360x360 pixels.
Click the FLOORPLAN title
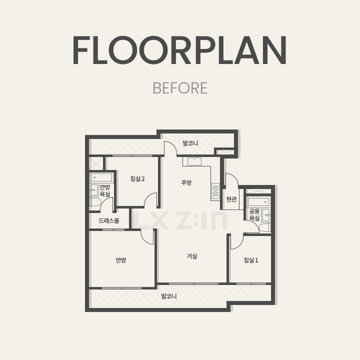(179, 50)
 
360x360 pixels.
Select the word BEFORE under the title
(180, 88)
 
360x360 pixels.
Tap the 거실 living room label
(192, 256)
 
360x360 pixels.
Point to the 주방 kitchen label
(186, 183)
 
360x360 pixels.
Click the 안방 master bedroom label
(121, 260)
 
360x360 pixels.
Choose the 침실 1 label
(251, 260)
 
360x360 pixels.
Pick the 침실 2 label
(137, 178)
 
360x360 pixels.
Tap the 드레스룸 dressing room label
(109, 220)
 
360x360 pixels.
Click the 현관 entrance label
(231, 199)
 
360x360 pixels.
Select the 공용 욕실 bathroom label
(254, 214)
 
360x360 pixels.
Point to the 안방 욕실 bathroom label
(104, 190)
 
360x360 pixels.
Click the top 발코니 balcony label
(190, 143)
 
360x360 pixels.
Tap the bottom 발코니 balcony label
(169, 296)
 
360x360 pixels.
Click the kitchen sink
(194, 161)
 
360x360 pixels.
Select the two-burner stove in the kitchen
(215, 191)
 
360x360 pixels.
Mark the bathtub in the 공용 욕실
(258, 202)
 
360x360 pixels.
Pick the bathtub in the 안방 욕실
(101, 177)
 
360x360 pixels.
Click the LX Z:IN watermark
(180, 220)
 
